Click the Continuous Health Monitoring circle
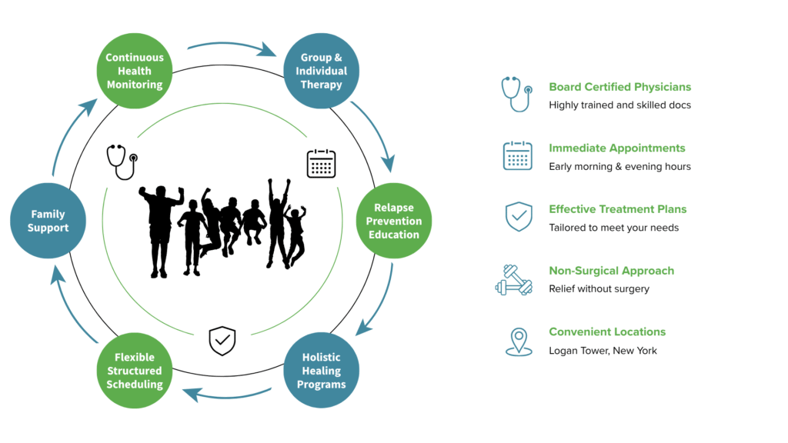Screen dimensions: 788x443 [134, 71]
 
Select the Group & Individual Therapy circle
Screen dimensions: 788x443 [321, 71]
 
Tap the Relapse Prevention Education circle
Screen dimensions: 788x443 [393, 221]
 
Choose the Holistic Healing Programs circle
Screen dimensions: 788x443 [321, 370]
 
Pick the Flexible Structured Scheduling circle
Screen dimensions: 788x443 [134, 370]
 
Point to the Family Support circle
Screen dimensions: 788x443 [48, 221]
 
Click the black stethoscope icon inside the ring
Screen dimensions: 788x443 [122, 162]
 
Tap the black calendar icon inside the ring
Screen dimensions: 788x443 [321, 163]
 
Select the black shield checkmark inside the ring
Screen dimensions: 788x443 [222, 341]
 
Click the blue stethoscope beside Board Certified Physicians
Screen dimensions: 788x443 [516, 94]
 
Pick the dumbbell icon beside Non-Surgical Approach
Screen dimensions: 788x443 [513, 280]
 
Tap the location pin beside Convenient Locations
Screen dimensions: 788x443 [519, 342]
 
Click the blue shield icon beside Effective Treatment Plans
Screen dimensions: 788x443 [519, 216]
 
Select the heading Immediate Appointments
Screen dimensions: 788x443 [616, 148]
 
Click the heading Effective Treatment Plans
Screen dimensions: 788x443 [618, 209]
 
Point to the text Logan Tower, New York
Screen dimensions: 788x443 [603, 351]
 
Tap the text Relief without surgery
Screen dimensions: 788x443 [599, 289]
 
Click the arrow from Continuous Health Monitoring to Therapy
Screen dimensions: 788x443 [231, 44]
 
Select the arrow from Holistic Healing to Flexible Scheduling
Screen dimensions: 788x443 [227, 396]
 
